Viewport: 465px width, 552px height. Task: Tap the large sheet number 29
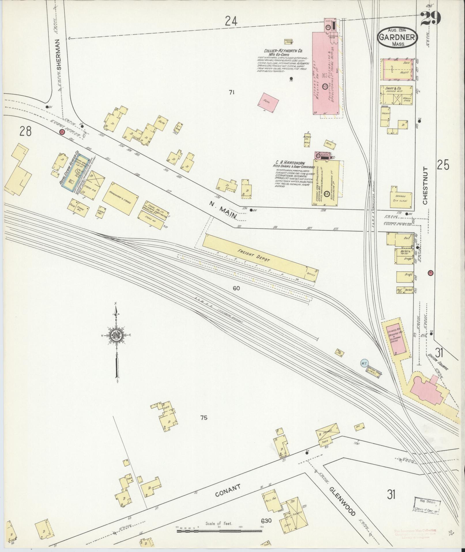pyautogui.click(x=431, y=18)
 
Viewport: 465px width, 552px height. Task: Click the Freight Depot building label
pyautogui.click(x=254, y=256)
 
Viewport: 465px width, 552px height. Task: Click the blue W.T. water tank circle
pyautogui.click(x=364, y=363)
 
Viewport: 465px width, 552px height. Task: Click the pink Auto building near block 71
pyautogui.click(x=270, y=101)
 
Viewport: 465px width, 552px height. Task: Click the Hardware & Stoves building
pyautogui.click(x=120, y=199)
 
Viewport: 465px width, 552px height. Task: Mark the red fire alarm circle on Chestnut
pyautogui.click(x=431, y=273)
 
